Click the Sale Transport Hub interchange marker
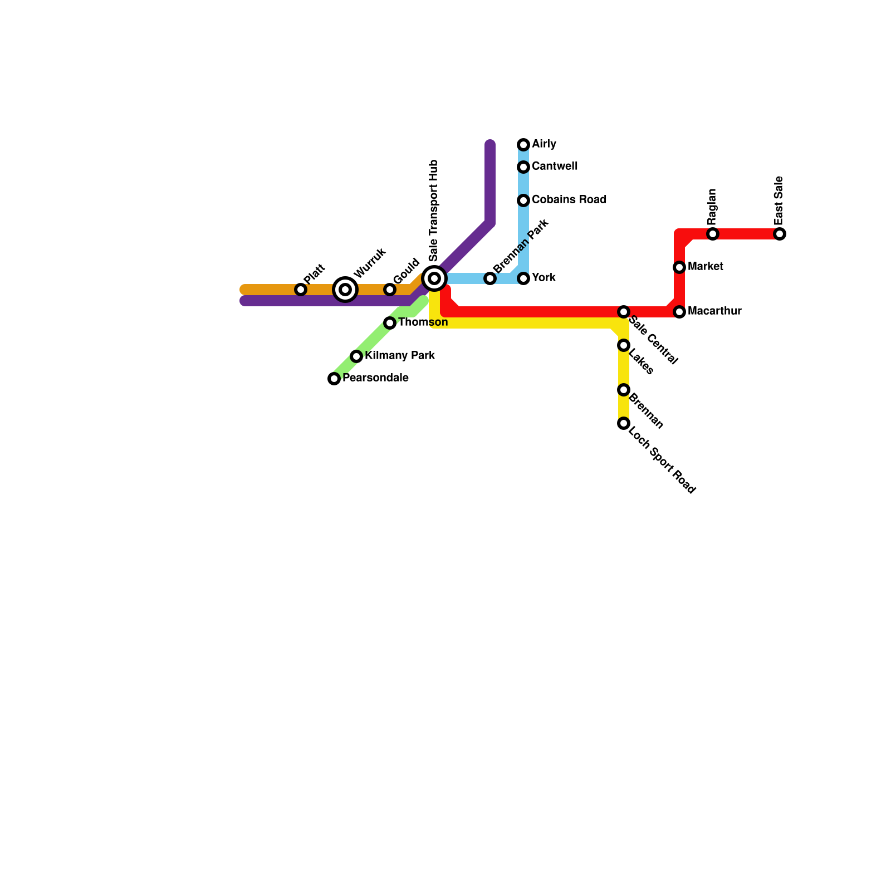pyautogui.click(x=434, y=278)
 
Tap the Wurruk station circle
pyautogui.click(x=345, y=290)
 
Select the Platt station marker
pyautogui.click(x=301, y=290)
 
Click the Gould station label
pyautogui.click(x=406, y=271)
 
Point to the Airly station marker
pyautogui.click(x=523, y=145)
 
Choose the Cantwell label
pyautogui.click(x=554, y=167)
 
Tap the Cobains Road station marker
pyautogui.click(x=523, y=200)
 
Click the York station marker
pyautogui.click(x=523, y=278)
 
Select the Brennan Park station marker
pyautogui.click(x=490, y=278)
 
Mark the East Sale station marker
pyautogui.click(x=780, y=234)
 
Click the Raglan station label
pyautogui.click(x=712, y=206)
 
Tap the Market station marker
pyautogui.click(x=679, y=267)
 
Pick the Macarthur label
pyautogui.click(x=714, y=311)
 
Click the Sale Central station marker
pyautogui.click(x=624, y=312)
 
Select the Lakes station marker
pyautogui.click(x=624, y=345)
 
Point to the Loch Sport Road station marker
pyautogui.click(x=624, y=423)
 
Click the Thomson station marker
pyautogui.click(x=390, y=323)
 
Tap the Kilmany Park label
pyautogui.click(x=400, y=356)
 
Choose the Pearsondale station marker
pyautogui.click(x=334, y=379)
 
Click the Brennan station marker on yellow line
pyautogui.click(x=624, y=390)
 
